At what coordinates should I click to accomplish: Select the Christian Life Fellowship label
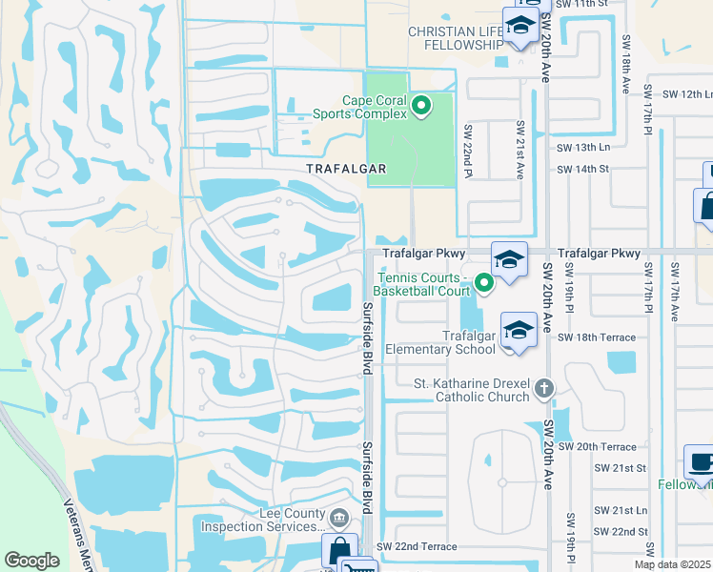[456, 38]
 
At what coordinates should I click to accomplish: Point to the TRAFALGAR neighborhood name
[346, 169]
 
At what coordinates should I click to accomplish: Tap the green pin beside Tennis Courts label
[484, 282]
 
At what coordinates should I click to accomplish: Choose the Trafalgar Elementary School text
[441, 342]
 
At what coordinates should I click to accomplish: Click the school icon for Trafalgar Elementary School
[519, 331]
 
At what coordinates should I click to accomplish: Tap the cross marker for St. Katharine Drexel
[544, 388]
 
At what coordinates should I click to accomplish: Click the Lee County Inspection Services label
[264, 520]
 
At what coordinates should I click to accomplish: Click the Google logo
[32, 561]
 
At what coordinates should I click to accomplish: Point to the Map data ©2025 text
[673, 564]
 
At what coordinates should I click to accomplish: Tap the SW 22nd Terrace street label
[417, 546]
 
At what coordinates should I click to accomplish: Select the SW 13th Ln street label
[583, 147]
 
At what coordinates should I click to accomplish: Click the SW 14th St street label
[583, 169]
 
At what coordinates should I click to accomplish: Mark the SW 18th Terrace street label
[597, 337]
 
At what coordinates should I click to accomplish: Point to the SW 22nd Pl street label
[469, 152]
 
